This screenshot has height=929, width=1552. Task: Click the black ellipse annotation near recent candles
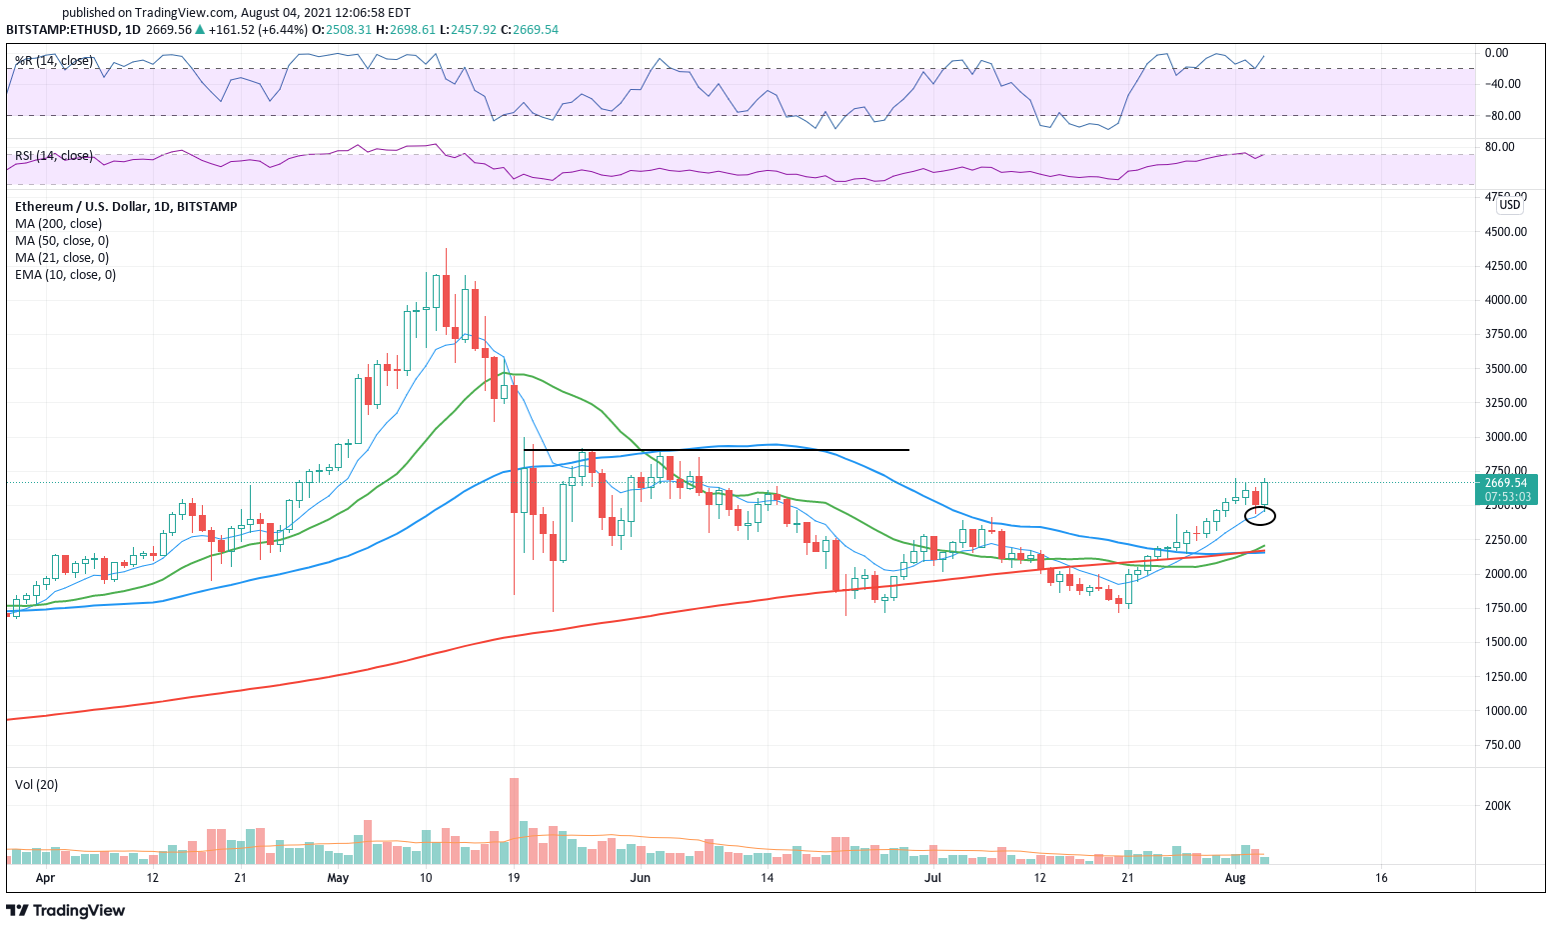[1259, 516]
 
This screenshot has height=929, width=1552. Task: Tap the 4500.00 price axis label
[1505, 231]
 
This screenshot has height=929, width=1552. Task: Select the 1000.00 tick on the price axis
[1505, 710]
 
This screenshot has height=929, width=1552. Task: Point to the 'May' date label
[338, 878]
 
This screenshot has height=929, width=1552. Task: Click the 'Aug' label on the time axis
[1235, 878]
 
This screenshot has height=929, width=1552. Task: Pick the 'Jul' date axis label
[932, 878]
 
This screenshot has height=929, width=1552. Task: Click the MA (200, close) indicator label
[58, 224]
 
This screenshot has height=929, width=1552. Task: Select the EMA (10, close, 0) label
[65, 275]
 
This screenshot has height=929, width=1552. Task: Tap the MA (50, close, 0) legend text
[62, 241]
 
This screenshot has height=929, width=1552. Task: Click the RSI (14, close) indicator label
[54, 156]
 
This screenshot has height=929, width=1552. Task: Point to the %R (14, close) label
[54, 61]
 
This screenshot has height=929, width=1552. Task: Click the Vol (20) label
[36, 785]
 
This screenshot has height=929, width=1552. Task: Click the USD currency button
[1509, 205]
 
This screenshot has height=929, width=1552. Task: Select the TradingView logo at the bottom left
[66, 910]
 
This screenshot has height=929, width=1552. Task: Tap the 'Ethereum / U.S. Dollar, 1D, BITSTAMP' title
[126, 207]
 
